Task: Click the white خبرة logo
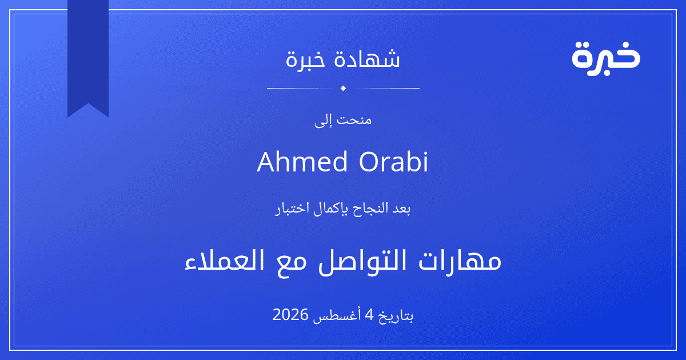(x=606, y=58)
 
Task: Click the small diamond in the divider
(x=344, y=88)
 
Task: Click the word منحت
(x=354, y=119)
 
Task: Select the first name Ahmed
(x=302, y=162)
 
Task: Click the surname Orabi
(x=393, y=161)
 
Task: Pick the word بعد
(x=401, y=209)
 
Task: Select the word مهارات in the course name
(x=460, y=261)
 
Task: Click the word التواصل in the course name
(x=362, y=261)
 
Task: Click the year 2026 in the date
(x=290, y=314)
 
